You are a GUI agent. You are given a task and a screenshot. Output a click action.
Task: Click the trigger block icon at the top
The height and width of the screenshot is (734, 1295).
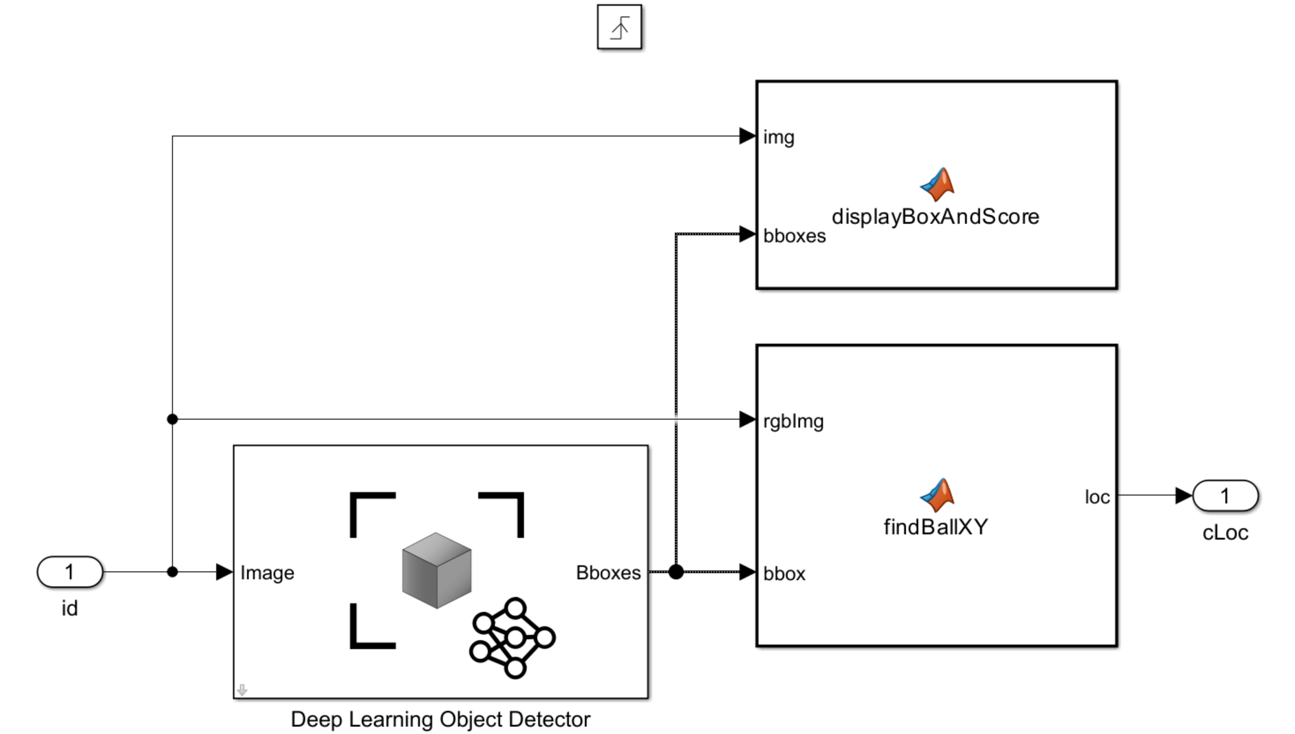(619, 27)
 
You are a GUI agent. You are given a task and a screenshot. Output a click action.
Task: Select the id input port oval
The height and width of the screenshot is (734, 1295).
(70, 572)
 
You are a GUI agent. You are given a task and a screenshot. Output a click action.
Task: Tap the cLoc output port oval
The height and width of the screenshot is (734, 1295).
(1225, 496)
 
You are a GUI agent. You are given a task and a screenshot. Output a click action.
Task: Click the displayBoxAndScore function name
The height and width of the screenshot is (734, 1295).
(935, 217)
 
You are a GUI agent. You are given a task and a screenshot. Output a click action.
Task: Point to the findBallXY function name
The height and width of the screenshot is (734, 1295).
(936, 527)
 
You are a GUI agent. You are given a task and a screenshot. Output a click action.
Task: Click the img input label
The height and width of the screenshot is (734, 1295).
(779, 138)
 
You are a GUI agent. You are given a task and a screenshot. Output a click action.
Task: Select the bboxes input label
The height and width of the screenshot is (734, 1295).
(794, 236)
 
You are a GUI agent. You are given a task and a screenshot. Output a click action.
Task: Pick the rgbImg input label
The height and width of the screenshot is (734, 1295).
(793, 421)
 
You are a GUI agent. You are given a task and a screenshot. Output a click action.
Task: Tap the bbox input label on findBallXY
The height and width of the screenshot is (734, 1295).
(784, 574)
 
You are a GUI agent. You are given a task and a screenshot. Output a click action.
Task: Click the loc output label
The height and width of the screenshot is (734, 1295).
(1097, 498)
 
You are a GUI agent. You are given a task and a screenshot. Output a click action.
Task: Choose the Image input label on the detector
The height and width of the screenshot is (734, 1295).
(267, 573)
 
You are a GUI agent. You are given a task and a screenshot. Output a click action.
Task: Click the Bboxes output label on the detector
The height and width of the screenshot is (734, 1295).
(608, 573)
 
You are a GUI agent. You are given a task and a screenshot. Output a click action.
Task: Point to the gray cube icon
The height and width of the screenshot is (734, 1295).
(436, 570)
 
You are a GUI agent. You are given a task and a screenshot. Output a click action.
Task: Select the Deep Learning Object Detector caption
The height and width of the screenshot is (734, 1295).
(440, 719)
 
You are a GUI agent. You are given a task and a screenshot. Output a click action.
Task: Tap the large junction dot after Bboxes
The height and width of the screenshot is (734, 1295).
(676, 572)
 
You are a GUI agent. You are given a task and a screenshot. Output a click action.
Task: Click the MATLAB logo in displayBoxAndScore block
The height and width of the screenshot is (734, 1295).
(937, 184)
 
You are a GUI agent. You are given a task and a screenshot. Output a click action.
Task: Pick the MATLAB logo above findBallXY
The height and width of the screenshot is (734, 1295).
(937, 495)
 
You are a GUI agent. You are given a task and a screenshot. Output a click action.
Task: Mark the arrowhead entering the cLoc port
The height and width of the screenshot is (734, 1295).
(1183, 496)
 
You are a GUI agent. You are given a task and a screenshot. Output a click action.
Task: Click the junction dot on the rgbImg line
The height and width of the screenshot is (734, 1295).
(172, 419)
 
